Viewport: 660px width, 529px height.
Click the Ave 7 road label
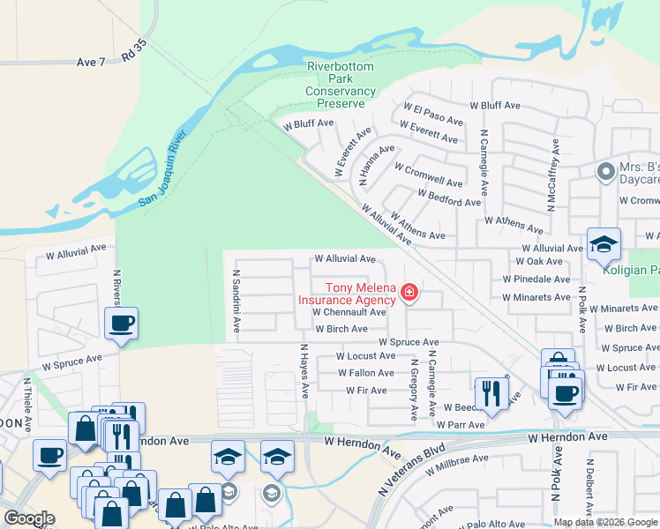(91, 62)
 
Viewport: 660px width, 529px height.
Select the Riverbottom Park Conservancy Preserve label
(341, 85)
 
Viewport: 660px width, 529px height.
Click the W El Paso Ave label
(433, 114)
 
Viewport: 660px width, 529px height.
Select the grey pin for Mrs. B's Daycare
(605, 172)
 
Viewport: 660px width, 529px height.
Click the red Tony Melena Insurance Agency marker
(409, 292)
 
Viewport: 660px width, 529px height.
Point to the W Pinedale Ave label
(536, 279)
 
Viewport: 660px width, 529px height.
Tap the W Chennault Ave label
(349, 312)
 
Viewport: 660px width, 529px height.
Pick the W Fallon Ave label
(366, 373)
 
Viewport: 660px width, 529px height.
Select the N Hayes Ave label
(304, 370)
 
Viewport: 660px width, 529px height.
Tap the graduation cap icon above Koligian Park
(604, 244)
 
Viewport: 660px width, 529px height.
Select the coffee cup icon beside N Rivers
(122, 323)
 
